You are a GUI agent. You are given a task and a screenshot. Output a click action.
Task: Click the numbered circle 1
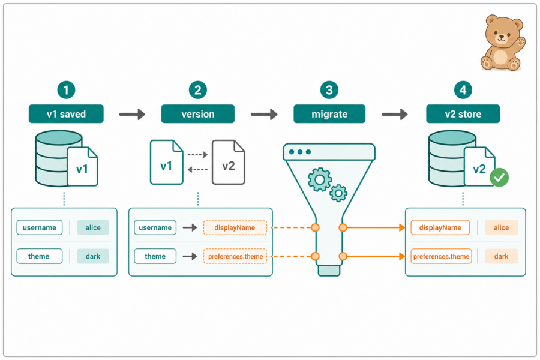(x=66, y=90)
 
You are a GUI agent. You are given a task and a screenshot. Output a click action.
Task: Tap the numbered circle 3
(x=329, y=90)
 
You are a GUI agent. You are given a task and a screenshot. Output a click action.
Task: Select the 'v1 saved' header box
(x=66, y=113)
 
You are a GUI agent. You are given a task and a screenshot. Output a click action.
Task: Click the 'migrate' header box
(x=329, y=113)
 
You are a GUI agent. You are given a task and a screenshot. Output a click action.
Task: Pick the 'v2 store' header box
(x=463, y=113)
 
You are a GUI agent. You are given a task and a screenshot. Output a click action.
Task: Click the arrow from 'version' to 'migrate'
(x=264, y=114)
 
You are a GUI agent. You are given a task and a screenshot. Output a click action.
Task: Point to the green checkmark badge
(x=499, y=178)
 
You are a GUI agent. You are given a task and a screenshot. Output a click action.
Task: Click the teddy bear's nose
(x=502, y=35)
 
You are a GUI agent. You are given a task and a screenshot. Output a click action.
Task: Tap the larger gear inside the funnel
(x=320, y=179)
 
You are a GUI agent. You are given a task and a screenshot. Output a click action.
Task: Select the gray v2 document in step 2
(x=229, y=162)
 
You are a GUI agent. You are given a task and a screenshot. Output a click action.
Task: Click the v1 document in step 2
(x=167, y=162)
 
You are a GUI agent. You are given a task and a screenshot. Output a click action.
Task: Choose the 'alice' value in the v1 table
(x=93, y=228)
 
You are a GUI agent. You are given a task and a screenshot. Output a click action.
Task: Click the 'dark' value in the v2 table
(x=502, y=256)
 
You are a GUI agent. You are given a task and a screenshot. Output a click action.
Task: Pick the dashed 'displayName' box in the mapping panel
(x=235, y=228)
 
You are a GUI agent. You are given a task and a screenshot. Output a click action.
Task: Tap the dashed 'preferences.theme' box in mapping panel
(x=235, y=256)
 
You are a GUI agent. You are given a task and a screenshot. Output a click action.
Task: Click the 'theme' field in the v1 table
(x=39, y=256)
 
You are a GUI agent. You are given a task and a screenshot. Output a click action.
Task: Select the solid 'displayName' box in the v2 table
(x=440, y=228)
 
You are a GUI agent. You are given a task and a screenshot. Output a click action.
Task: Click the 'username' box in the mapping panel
(x=155, y=228)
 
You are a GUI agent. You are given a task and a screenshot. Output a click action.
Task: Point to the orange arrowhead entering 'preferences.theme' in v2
(x=401, y=256)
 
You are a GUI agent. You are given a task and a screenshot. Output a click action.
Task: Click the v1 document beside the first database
(x=82, y=166)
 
